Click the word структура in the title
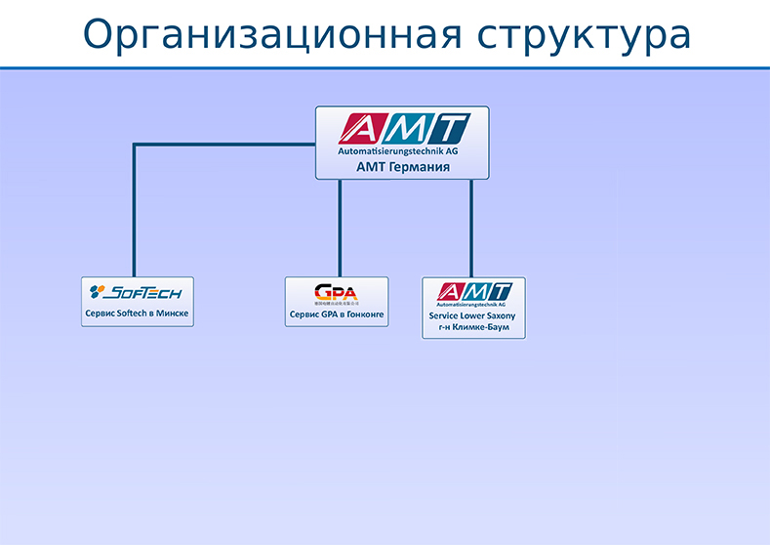click(x=585, y=34)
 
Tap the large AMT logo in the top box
click(x=403, y=128)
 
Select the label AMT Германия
click(x=402, y=167)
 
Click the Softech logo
click(x=137, y=291)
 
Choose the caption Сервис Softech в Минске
click(x=138, y=314)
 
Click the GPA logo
click(x=336, y=292)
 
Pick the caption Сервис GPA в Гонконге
click(x=337, y=315)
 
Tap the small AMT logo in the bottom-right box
click(x=474, y=291)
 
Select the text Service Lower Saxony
click(x=473, y=316)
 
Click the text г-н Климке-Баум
click(x=473, y=328)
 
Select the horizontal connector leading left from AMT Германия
click(x=224, y=146)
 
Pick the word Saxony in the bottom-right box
click(x=499, y=316)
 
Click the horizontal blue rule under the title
click(x=385, y=68)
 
